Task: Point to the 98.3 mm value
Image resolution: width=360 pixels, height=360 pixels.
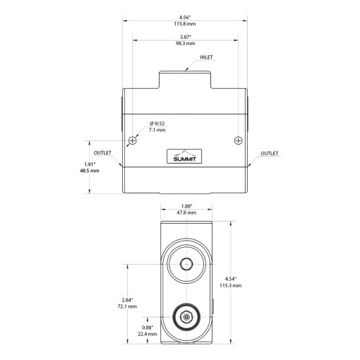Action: [186, 44]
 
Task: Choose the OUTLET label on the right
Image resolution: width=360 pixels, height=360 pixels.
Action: [270, 153]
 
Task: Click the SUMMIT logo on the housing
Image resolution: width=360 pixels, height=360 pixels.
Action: [186, 157]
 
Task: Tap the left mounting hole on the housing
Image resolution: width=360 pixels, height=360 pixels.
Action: [132, 139]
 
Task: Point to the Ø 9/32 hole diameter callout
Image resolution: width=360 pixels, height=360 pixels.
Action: [157, 123]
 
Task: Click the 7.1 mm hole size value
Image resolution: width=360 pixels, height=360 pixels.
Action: [157, 131]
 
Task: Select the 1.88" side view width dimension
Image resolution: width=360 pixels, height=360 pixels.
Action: [186, 207]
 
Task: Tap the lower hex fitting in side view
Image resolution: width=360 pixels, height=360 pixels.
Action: [186, 317]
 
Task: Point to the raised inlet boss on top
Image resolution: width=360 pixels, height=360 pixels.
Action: [186, 78]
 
